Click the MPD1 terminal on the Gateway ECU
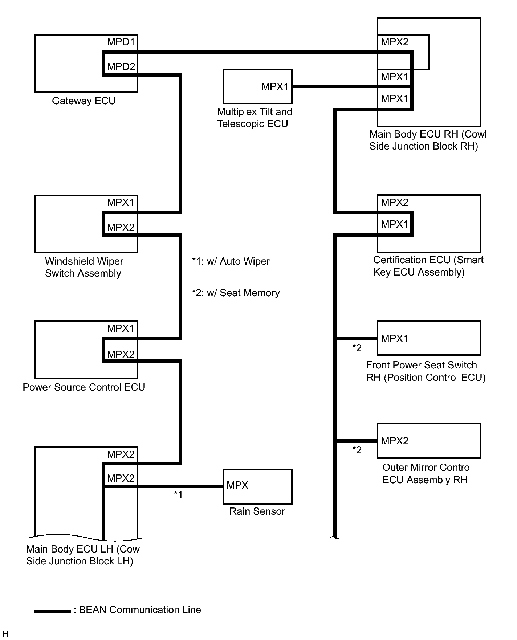click(121, 42)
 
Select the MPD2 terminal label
click(121, 67)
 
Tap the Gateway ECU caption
click(84, 101)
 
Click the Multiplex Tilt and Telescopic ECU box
click(257, 86)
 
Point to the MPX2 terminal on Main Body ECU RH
click(395, 42)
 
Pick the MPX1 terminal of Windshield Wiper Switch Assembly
click(121, 203)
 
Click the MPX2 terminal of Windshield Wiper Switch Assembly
click(121, 228)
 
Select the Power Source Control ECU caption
click(84, 387)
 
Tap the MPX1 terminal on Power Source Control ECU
click(121, 329)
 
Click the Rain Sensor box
click(257, 486)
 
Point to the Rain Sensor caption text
click(257, 511)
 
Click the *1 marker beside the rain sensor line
click(178, 494)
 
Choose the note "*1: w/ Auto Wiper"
click(231, 261)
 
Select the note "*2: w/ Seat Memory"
click(236, 293)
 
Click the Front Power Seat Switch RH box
click(429, 338)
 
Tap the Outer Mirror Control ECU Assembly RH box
click(429, 441)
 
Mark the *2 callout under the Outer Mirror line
click(357, 450)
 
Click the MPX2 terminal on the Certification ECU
click(395, 203)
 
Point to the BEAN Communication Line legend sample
click(53, 611)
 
